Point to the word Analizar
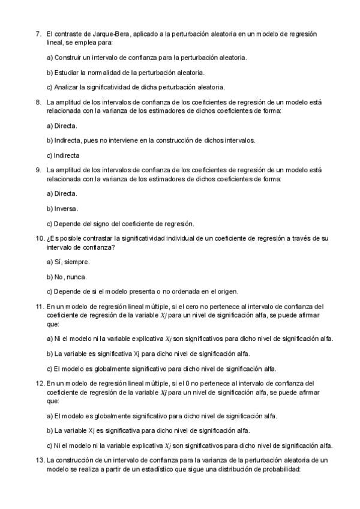coord(66,87)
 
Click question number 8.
coord(38,102)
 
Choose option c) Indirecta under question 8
coord(64,155)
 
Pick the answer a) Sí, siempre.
coord(68,262)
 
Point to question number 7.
coord(38,34)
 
